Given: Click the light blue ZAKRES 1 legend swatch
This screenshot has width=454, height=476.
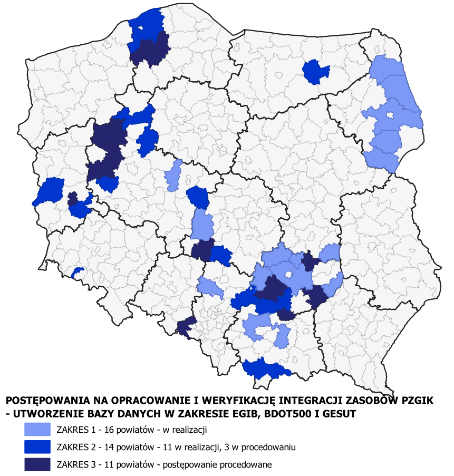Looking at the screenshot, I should [36, 429].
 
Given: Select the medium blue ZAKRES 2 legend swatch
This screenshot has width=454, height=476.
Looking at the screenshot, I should [36, 447].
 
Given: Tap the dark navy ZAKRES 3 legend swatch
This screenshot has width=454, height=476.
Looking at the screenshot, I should [36, 464].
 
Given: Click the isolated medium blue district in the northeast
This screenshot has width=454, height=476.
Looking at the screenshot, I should [315, 71].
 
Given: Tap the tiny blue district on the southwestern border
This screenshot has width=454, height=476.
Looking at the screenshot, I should [78, 272].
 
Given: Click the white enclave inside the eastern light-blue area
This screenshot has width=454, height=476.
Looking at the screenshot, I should [390, 116].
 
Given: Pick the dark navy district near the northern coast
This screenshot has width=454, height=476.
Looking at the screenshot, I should [149, 51].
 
